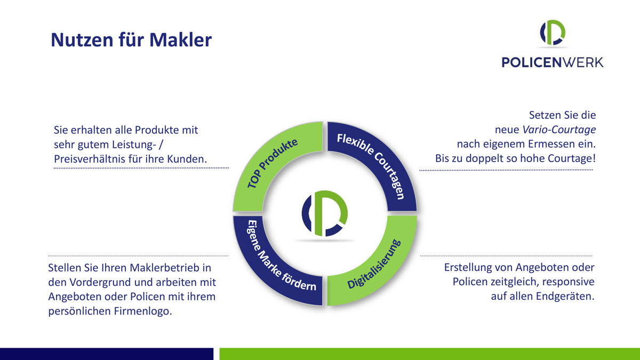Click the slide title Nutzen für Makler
click(131, 39)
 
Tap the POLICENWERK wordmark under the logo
click(553, 62)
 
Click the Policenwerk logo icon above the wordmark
click(553, 33)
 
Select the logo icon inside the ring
click(325, 213)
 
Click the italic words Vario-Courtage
click(559, 130)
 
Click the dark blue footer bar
click(107, 354)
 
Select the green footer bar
click(430, 354)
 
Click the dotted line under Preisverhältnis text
click(141, 168)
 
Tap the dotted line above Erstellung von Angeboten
click(507, 255)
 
